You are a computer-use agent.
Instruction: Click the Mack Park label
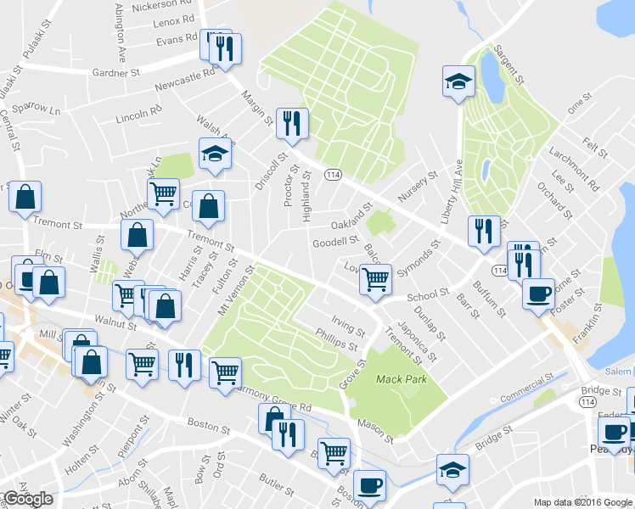click(x=402, y=379)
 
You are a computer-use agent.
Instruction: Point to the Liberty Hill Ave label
click(x=451, y=192)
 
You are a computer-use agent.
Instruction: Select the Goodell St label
click(x=336, y=243)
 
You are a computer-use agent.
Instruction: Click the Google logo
click(x=28, y=499)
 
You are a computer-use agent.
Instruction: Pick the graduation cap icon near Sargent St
click(x=458, y=82)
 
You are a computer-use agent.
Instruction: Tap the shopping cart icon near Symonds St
click(x=375, y=278)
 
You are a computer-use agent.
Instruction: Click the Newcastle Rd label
click(x=185, y=82)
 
